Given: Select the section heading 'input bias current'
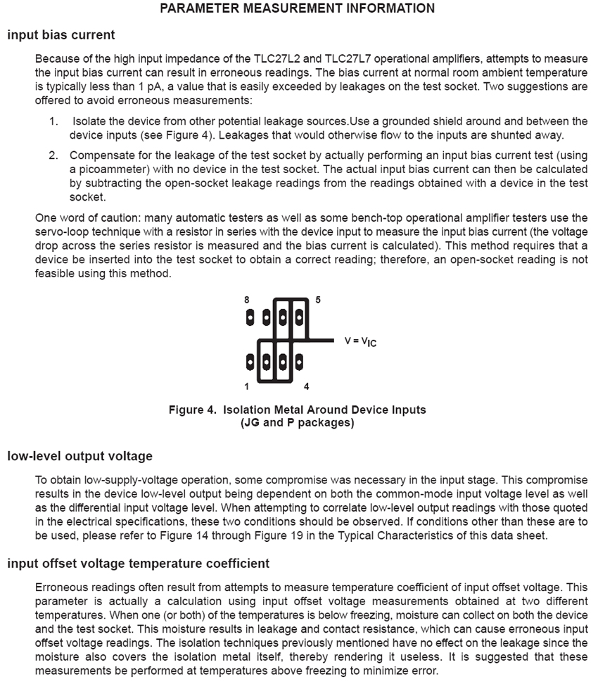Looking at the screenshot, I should [61, 34].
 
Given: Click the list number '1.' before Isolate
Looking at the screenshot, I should [54, 122].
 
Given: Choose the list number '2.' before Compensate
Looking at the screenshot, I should [54, 155].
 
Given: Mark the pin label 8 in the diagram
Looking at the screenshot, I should [247, 300].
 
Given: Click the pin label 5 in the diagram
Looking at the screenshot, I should [318, 300].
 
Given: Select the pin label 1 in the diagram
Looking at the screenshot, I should [247, 386].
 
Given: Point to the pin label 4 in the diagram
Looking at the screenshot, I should [307, 386].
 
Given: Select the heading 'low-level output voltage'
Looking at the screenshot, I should [79, 456].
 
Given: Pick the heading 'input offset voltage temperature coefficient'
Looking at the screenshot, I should [138, 564].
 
